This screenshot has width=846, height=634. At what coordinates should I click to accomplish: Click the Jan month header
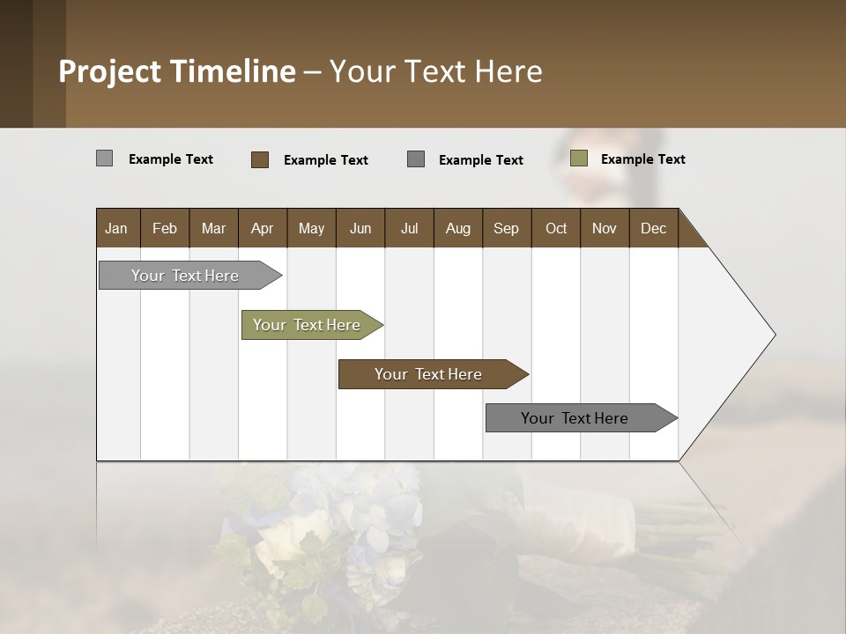coord(116,228)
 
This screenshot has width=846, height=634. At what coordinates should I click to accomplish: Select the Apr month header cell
coord(262,228)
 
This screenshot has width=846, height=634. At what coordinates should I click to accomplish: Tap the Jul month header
coord(409,228)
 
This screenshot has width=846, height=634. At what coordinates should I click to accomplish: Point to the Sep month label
coord(506,228)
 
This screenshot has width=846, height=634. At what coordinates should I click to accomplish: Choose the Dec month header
coord(653,228)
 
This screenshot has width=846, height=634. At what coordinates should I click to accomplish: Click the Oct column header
coord(556,228)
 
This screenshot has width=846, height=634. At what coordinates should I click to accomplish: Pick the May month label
coord(311,228)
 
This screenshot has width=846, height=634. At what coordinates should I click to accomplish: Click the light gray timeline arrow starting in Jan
coord(185,276)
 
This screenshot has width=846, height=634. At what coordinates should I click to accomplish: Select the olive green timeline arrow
coord(307,325)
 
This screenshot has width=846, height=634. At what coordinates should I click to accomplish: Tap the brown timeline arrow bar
coord(428,374)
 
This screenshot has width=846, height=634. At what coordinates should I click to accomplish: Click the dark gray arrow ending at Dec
coord(575,418)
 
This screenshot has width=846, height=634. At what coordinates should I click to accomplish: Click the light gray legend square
coord(104,158)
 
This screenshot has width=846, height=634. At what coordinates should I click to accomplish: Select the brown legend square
coord(260,159)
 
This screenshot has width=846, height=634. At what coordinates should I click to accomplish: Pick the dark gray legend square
coord(416,158)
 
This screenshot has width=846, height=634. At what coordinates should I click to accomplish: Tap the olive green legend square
coord(579,158)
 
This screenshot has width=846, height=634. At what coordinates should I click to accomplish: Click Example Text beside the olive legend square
coord(642,159)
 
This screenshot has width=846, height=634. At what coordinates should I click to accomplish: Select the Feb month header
coord(165,228)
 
